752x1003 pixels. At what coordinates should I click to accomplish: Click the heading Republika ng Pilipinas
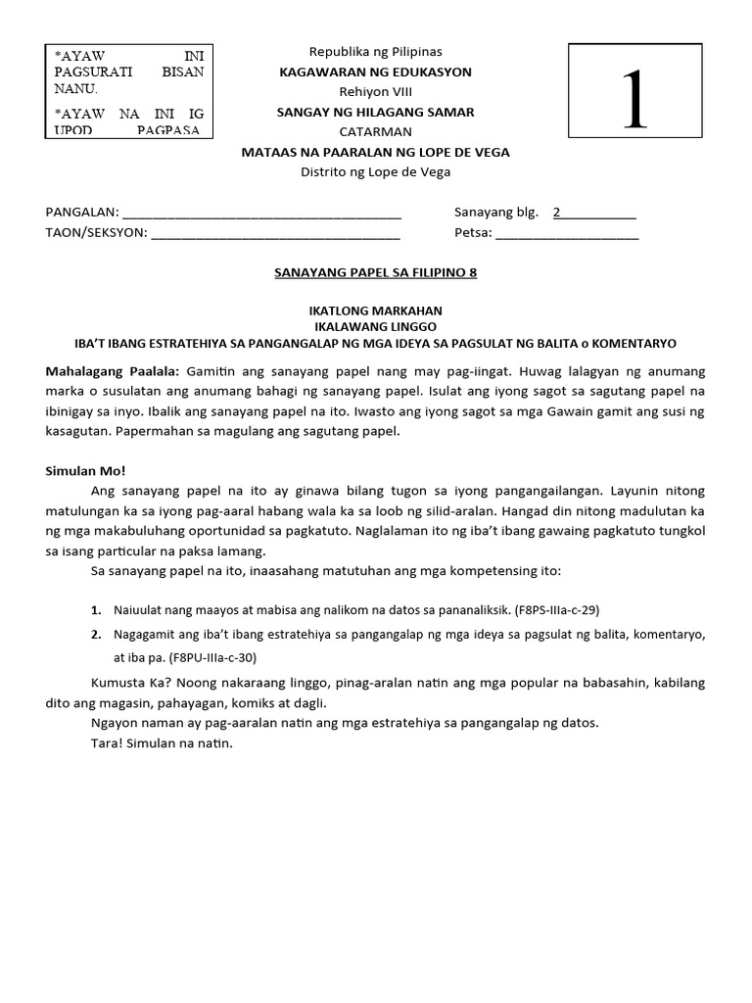click(376, 51)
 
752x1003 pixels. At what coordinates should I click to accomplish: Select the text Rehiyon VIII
click(376, 92)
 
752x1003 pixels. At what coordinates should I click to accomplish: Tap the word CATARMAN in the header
click(376, 132)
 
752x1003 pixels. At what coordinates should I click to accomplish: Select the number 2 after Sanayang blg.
click(557, 212)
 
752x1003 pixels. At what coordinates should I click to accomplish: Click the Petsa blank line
click(568, 235)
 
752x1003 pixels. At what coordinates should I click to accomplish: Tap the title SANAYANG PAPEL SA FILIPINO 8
click(376, 273)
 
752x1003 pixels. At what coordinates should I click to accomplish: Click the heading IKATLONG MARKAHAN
click(376, 310)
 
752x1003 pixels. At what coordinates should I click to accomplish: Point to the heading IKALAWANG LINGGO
click(376, 326)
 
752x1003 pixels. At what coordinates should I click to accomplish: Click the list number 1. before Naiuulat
click(97, 609)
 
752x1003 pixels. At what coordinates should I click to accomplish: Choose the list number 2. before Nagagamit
click(97, 635)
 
